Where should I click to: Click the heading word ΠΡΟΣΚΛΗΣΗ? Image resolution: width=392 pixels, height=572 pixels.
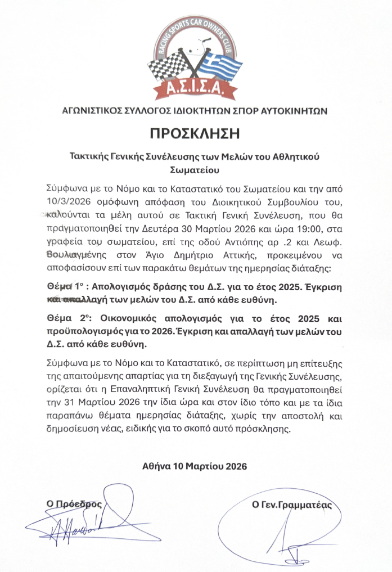(195, 133)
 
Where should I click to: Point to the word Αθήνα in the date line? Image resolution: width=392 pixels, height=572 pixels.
(155, 466)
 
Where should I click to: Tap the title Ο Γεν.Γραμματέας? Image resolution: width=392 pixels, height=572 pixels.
(292, 505)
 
